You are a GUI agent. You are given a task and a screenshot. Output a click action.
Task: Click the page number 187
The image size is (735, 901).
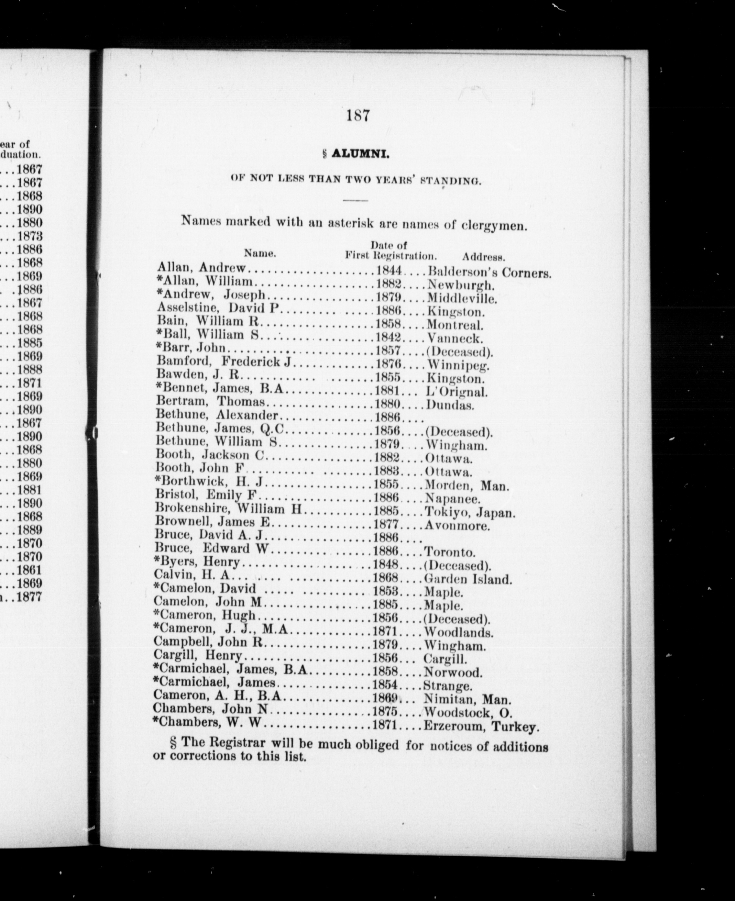[358, 116]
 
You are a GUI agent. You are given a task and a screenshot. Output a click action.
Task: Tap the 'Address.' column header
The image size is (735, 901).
[484, 256]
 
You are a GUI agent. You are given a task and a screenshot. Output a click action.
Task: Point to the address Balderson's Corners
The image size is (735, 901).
[489, 272]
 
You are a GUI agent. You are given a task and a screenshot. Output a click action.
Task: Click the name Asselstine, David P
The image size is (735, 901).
[218, 308]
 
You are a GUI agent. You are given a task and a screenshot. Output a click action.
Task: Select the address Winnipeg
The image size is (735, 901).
[458, 364]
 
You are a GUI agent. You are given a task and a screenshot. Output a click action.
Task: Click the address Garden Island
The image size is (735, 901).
[468, 579]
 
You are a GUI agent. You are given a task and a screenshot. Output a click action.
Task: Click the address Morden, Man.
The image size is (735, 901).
[466, 485]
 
